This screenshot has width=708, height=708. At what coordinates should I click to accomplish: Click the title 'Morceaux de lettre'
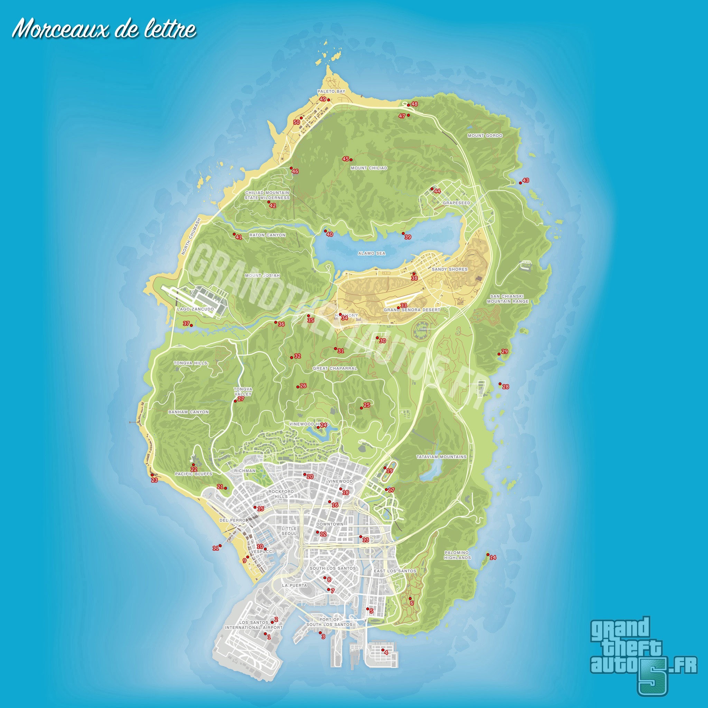[x=104, y=29]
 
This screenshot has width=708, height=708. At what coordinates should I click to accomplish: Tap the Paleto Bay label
[x=331, y=91]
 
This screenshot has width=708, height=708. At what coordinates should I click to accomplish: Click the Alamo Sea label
[x=372, y=253]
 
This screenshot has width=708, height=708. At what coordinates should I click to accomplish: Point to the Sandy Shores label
[x=450, y=269]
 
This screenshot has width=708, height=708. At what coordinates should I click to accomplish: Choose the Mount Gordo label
[x=485, y=136]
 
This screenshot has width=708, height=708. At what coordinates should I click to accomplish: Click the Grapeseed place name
[x=456, y=203]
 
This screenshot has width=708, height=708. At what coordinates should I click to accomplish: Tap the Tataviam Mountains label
[x=441, y=457]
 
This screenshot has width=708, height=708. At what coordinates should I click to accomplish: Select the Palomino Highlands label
[x=457, y=555]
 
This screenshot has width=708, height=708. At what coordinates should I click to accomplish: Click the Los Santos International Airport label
[x=254, y=625]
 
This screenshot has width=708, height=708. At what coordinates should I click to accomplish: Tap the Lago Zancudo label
[x=195, y=309]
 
